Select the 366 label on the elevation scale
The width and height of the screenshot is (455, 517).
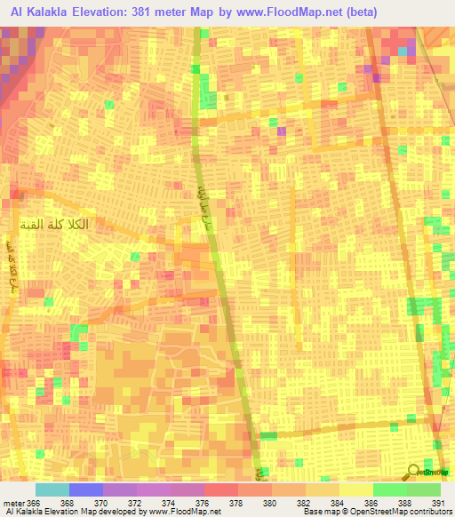click(x=35, y=504)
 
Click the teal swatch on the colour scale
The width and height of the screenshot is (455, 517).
click(x=52, y=489)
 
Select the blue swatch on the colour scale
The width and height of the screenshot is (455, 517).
click(x=86, y=489)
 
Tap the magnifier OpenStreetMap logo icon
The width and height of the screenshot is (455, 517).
click(x=413, y=473)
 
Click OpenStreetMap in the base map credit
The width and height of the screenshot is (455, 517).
click(x=354, y=513)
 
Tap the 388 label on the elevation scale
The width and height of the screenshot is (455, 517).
click(x=405, y=504)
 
